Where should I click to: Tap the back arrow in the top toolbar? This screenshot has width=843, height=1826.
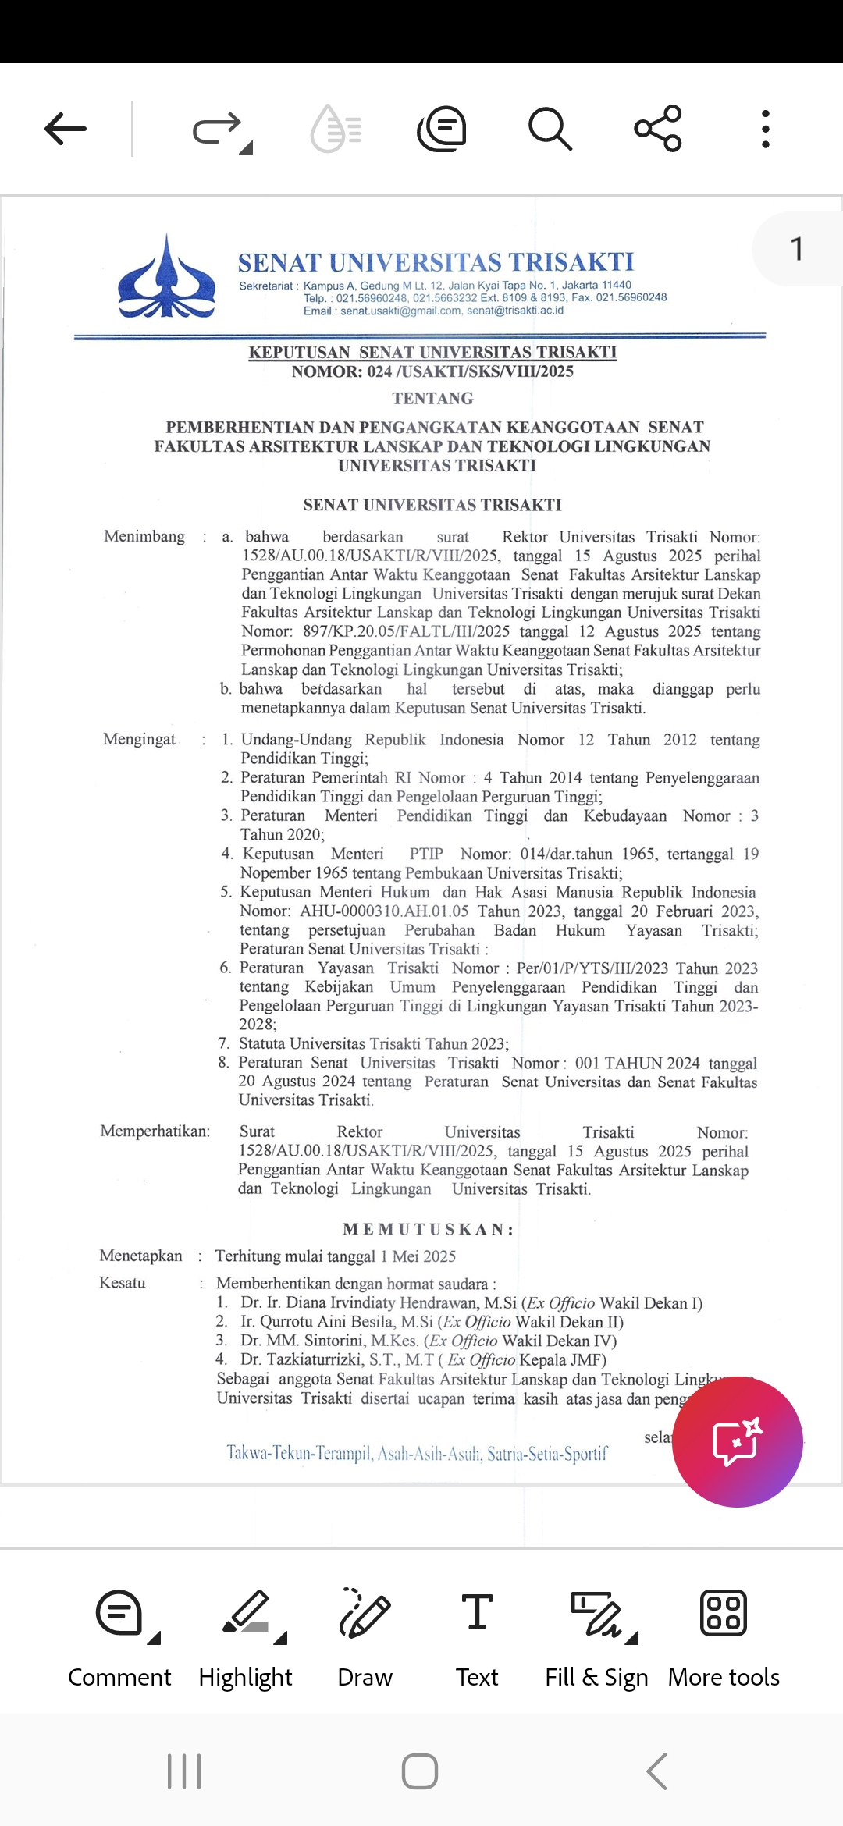coord(66,129)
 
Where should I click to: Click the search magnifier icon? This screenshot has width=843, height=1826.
coord(550,129)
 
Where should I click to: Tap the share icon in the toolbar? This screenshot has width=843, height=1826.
coord(658,129)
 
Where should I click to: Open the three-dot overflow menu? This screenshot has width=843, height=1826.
coord(766,129)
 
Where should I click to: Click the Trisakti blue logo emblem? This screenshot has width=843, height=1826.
coord(166,278)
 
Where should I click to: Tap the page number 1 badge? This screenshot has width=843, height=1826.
coord(796,250)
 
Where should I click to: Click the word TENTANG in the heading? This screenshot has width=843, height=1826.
coord(432,399)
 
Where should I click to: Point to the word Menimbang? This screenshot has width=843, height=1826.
coord(144,536)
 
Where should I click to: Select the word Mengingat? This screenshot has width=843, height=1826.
coord(139,739)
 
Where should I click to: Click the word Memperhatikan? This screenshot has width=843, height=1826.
coord(155,1131)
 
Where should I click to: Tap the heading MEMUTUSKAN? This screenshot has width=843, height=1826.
coord(429,1230)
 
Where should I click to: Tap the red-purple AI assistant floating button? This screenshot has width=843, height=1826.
coord(737,1441)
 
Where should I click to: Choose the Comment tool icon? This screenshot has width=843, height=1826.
coord(119,1613)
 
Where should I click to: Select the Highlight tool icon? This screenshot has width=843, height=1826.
coord(246,1613)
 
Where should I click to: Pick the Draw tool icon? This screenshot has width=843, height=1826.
coord(365,1613)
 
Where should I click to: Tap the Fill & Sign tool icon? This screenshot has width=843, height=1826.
coord(597,1613)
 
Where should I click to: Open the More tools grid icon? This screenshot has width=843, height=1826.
coord(724,1613)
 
